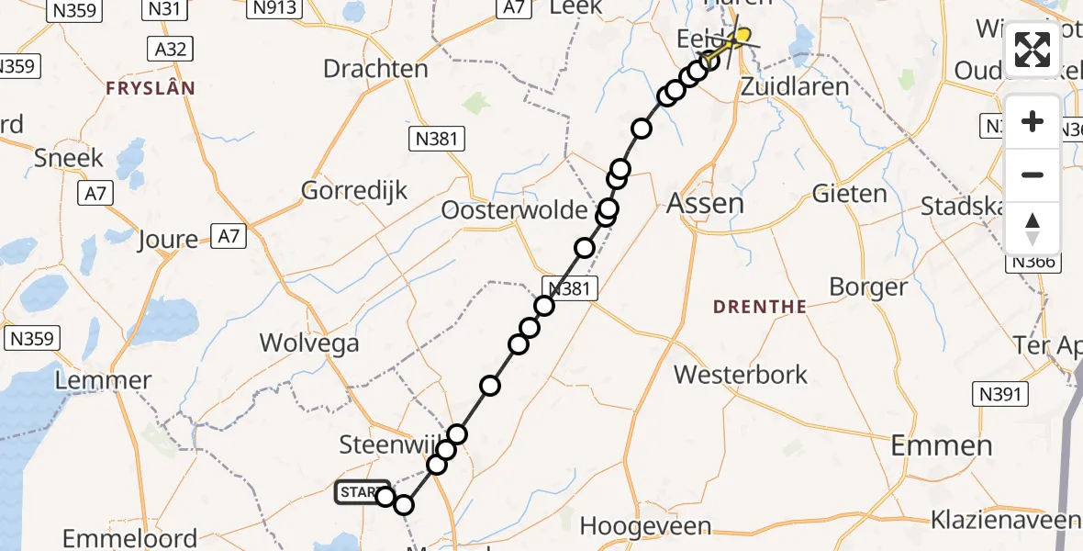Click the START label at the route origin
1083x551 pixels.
click(357, 493)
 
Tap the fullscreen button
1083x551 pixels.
click(1033, 51)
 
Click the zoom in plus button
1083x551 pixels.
click(1033, 122)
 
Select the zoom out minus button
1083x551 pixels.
click(1033, 174)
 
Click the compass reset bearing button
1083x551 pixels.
click(1033, 228)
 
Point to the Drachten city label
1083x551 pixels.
click(375, 69)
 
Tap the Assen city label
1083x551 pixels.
click(705, 202)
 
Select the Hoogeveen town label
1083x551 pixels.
click(646, 527)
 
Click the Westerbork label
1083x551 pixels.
click(741, 375)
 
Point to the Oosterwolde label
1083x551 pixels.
click(514, 210)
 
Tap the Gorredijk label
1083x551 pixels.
click(354, 191)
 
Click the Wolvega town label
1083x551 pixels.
click(309, 343)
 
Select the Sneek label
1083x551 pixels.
click(69, 158)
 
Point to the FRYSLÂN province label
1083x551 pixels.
click(151, 88)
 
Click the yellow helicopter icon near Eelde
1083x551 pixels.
click(737, 37)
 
